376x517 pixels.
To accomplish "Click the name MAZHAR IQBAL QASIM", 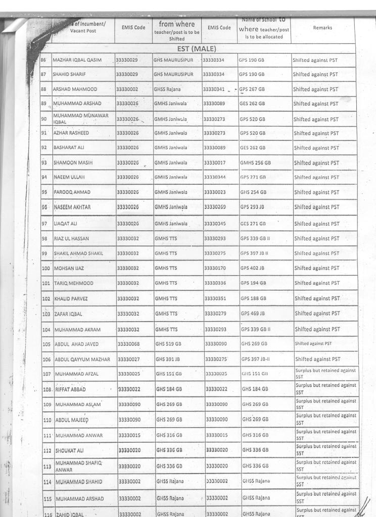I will [x=77, y=60].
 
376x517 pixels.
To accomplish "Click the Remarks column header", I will [x=322, y=28].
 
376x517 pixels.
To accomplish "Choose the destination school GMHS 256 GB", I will [x=255, y=163].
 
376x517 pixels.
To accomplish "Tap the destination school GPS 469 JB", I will [x=253, y=314].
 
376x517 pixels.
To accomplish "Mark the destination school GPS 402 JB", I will [x=253, y=268].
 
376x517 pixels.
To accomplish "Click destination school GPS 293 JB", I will [x=253, y=208].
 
